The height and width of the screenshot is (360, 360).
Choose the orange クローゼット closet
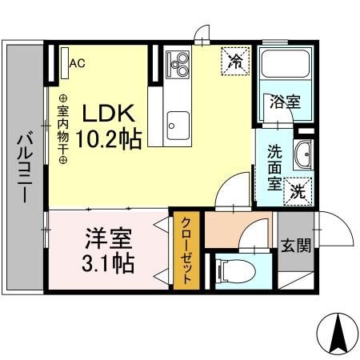click(x=186, y=250)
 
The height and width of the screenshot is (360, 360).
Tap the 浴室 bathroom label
click(x=285, y=102)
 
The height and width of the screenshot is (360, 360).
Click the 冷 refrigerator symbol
click(x=237, y=62)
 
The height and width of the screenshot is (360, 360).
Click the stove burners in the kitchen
click(x=178, y=63)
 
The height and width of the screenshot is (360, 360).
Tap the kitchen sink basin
click(x=177, y=125)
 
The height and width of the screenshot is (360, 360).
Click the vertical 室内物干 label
click(x=62, y=128)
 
